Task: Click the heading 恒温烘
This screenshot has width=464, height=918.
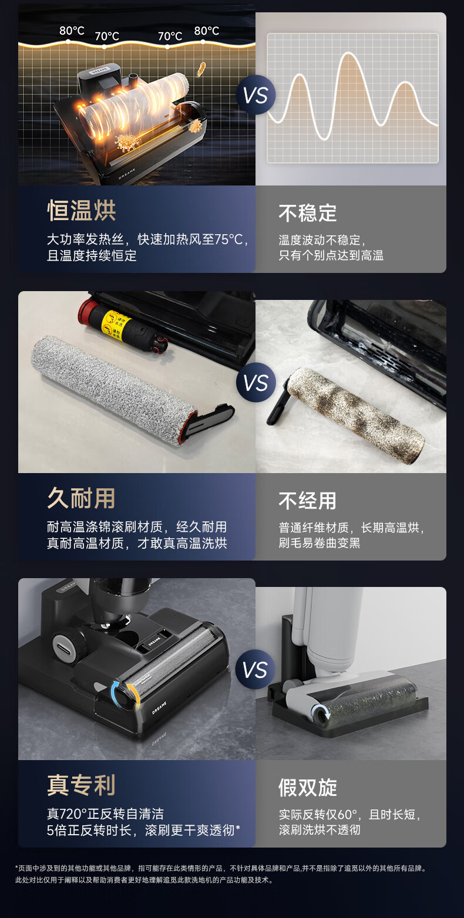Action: [82, 211]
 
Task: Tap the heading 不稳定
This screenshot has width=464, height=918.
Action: [308, 213]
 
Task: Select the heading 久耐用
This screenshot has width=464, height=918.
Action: [82, 498]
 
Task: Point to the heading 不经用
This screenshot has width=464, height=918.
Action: [308, 501]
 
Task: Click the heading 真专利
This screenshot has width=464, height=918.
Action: [82, 785]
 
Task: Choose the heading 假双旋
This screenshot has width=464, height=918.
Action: [308, 788]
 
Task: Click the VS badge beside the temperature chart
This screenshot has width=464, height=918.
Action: [255, 95]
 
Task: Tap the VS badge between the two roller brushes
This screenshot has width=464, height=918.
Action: [255, 382]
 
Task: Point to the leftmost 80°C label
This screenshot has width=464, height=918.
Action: [72, 31]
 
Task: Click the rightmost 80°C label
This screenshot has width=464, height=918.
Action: [206, 31]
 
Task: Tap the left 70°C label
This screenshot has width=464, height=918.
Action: [107, 36]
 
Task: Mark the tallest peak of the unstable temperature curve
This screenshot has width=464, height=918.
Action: [349, 53]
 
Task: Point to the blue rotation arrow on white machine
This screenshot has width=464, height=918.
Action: [320, 712]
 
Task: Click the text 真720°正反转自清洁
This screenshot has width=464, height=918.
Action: [106, 814]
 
